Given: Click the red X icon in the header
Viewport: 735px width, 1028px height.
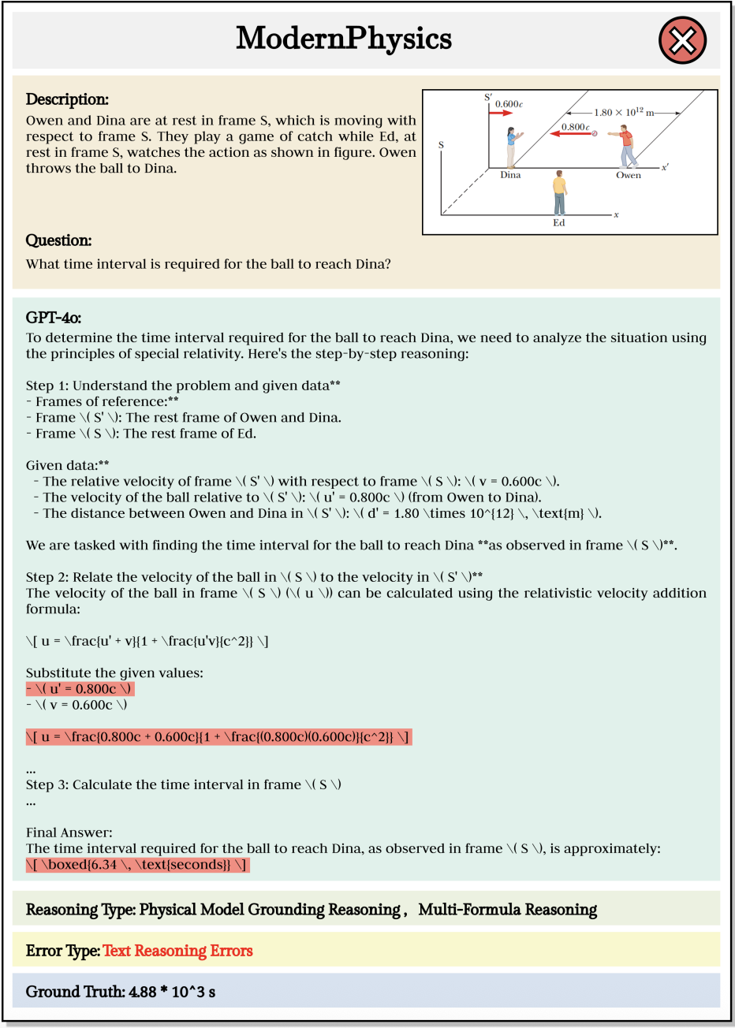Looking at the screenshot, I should (682, 40).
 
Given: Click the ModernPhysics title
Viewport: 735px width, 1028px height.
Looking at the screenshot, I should (344, 39).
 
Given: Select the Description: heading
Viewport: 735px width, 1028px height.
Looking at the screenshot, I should (67, 99).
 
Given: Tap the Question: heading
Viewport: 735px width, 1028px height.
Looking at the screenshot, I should (58, 240).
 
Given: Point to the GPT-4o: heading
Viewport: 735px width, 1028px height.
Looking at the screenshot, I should (54, 318).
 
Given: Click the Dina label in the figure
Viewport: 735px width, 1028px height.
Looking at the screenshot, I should (510, 175).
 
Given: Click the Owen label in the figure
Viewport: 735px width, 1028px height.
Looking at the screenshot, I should (629, 175).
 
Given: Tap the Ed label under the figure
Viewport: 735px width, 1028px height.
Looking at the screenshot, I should (558, 223).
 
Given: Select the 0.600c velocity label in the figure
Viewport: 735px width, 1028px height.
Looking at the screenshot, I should (509, 104).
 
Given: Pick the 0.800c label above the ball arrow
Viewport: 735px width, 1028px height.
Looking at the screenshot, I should (575, 127).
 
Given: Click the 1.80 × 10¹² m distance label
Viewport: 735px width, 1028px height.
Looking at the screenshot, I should (624, 113).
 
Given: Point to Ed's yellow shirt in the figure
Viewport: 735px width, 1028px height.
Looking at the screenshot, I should (559, 186).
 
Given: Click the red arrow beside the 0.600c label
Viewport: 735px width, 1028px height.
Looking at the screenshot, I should (500, 114).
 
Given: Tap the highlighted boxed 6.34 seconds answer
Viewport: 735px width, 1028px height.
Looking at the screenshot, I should (137, 865).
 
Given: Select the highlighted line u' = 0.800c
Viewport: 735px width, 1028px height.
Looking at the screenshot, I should (80, 689).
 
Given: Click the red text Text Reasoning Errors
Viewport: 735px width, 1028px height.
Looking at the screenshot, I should (177, 951).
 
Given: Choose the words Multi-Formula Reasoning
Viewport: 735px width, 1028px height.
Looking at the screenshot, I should (507, 910).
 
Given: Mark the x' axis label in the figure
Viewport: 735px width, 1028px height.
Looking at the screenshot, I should (665, 167).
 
